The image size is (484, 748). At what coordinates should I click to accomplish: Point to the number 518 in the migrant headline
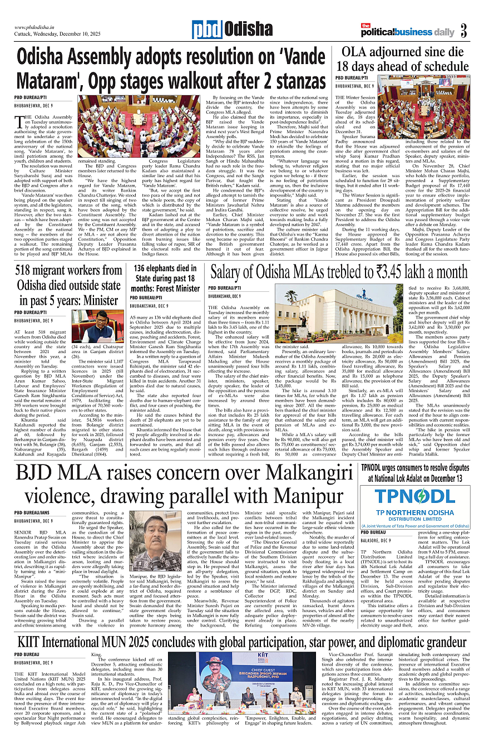[x=32, y=270]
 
